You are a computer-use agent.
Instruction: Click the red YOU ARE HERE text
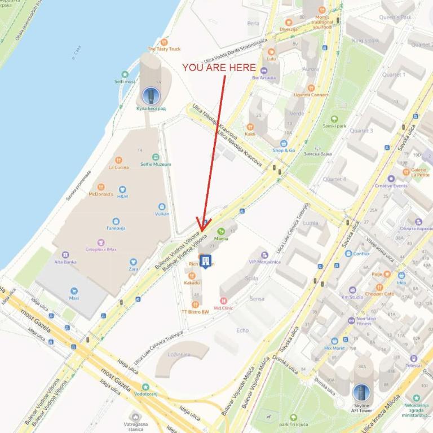pyautogui.click(x=219, y=68)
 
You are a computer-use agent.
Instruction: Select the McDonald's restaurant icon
pyautogui.click(x=101, y=187)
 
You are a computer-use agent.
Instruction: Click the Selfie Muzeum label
pyautogui.click(x=155, y=164)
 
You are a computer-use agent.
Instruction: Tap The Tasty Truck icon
pyautogui.click(x=164, y=42)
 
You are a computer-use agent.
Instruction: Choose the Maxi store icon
pyautogui.click(x=74, y=291)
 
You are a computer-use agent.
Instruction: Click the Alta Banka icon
pyautogui.click(x=65, y=255)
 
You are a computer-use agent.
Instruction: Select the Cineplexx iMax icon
pyautogui.click(x=101, y=242)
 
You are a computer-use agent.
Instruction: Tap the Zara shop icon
pyautogui.click(x=133, y=262)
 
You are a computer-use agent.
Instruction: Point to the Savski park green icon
pyautogui.click(x=334, y=119)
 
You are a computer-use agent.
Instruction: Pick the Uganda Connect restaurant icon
pyautogui.click(x=311, y=88)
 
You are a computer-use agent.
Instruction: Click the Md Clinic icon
pyautogui.click(x=224, y=301)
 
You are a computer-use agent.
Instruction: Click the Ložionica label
pyautogui.click(x=179, y=355)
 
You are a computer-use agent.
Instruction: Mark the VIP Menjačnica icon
pyautogui.click(x=264, y=255)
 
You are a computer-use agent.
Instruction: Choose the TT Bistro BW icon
pyautogui.click(x=195, y=304)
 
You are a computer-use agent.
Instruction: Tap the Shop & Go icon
pyautogui.click(x=284, y=143)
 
